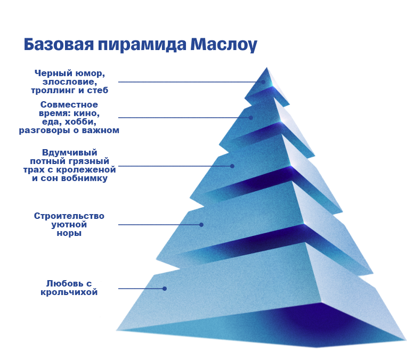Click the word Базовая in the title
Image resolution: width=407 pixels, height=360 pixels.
coord(59,44)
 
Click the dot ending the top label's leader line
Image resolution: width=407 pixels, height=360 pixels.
coord(263,82)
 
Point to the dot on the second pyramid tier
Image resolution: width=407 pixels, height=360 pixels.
coord(251,118)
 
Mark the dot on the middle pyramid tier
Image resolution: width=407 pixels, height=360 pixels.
coord(232,166)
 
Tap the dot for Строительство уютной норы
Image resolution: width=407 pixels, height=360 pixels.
coord(201,225)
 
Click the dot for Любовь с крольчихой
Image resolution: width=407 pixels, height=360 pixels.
coord(165,289)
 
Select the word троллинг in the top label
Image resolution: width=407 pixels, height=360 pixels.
coord(54,91)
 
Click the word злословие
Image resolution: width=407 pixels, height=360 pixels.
coord(70,82)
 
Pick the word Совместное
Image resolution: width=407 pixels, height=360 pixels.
coord(69,104)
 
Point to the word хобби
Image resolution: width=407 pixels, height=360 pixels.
coord(80,122)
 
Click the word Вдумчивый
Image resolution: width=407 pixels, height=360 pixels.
coord(70,153)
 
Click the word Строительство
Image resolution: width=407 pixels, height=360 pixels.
coord(69,216)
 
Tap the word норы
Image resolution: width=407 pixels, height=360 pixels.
coord(69,233)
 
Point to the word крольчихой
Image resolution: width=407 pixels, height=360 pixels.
coord(69,292)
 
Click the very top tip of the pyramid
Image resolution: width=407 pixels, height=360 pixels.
coord(266,68)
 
